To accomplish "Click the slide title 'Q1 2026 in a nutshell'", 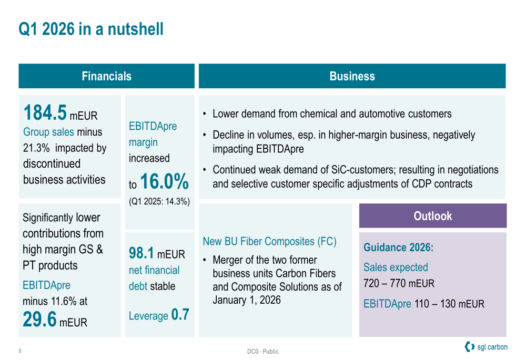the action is pos(91,29).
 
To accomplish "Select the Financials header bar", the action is pos(107,76).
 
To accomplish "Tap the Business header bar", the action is pos(352,76).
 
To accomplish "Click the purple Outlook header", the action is pos(433,216).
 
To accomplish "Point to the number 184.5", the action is pos(45,112).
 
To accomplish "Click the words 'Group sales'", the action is pos(48,132).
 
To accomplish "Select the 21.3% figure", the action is pos(36,148).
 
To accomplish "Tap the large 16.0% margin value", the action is pos(164,181).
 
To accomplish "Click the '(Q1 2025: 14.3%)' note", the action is pos(159,201).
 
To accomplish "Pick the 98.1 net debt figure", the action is pos(141,253).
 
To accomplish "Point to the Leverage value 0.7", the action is pos(180,314).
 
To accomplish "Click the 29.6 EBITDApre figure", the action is pos(39,319).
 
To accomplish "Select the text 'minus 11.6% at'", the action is pos(55,301).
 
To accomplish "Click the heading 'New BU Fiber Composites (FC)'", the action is pos(270,241).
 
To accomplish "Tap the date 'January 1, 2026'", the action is pos(247,300).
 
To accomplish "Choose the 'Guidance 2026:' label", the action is pos(399,248).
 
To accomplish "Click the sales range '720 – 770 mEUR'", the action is pos(399,284).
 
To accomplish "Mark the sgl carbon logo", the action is pos(486,347).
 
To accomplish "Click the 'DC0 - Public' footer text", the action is pos(263,351).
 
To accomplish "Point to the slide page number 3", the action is pos(20,351).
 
